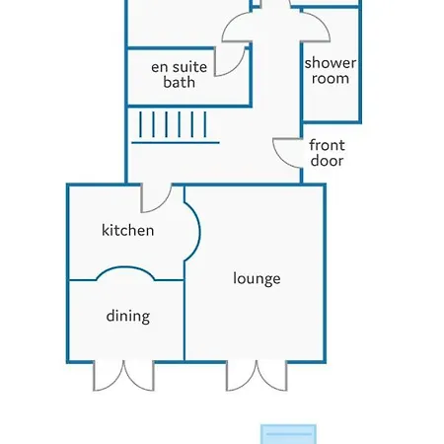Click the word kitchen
click(x=128, y=230)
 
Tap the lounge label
click(x=257, y=278)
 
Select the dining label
click(x=128, y=316)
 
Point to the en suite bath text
click(x=180, y=75)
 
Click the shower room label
click(x=331, y=70)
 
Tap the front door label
click(x=327, y=153)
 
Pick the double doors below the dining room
click(x=123, y=376)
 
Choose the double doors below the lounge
click(x=257, y=376)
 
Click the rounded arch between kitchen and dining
click(x=125, y=267)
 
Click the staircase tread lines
click(x=173, y=124)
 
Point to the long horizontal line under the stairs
click(x=176, y=143)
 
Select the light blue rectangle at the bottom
click(x=288, y=434)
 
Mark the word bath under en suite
click(x=180, y=82)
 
